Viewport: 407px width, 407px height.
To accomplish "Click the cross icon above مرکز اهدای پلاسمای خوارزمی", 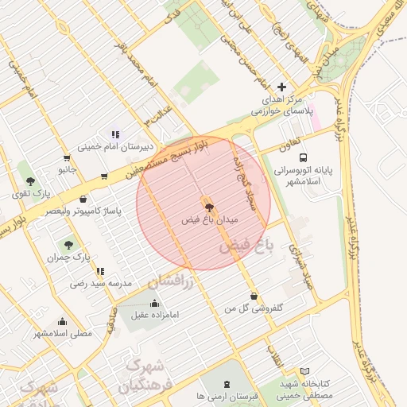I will point(281,87).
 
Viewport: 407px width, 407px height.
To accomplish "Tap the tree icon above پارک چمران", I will point(67,245).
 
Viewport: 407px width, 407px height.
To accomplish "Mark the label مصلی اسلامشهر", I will point(63,333).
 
